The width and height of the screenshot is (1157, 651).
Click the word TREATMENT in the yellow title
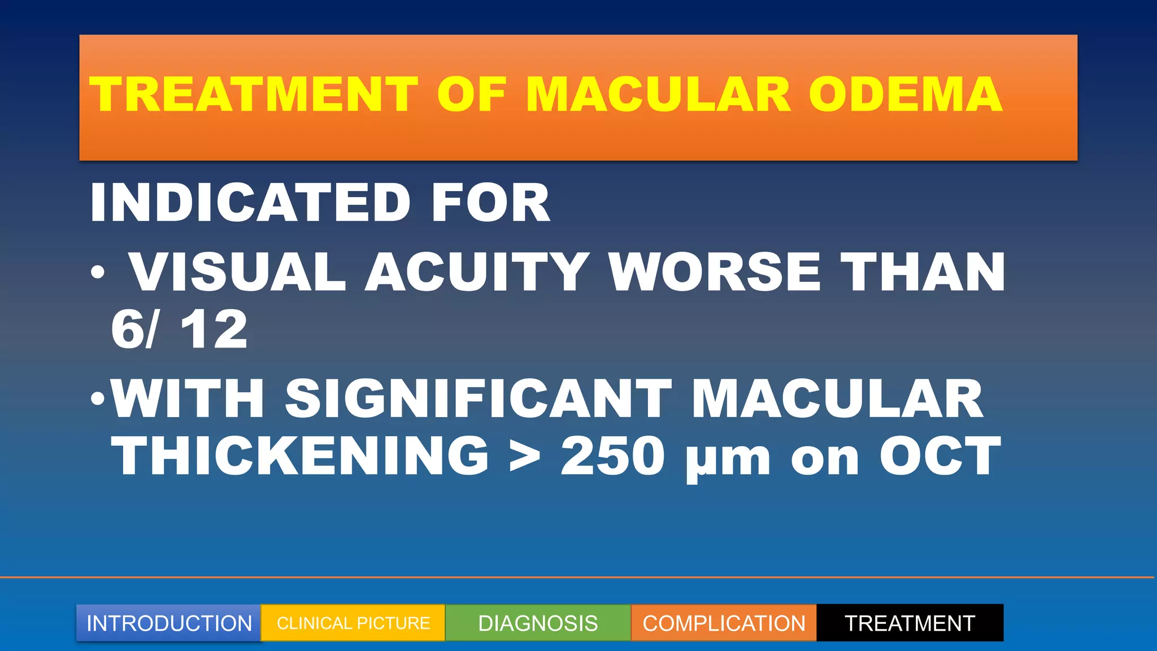point(254,94)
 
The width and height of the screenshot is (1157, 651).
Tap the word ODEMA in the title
point(905,94)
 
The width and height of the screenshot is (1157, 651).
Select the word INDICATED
point(250,203)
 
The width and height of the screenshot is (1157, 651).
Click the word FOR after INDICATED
point(490,203)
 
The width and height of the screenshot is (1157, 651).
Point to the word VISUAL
point(238,272)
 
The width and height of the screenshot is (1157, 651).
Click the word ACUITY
point(477,272)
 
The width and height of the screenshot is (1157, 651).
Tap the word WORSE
point(715,272)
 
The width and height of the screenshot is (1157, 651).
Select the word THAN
point(923,272)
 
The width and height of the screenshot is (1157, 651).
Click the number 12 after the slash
point(214,330)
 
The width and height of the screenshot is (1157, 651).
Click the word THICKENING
point(300,457)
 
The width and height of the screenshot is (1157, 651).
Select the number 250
point(612,457)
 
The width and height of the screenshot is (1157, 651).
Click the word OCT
point(939,457)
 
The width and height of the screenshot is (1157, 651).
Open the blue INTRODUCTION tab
point(169,623)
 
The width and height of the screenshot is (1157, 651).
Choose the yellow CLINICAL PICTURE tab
point(353,623)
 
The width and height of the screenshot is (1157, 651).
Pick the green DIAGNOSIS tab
point(538,623)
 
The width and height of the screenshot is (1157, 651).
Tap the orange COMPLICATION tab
point(724,623)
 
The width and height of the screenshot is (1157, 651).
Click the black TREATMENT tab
point(910,623)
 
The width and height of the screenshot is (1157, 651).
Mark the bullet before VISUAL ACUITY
point(98,273)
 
